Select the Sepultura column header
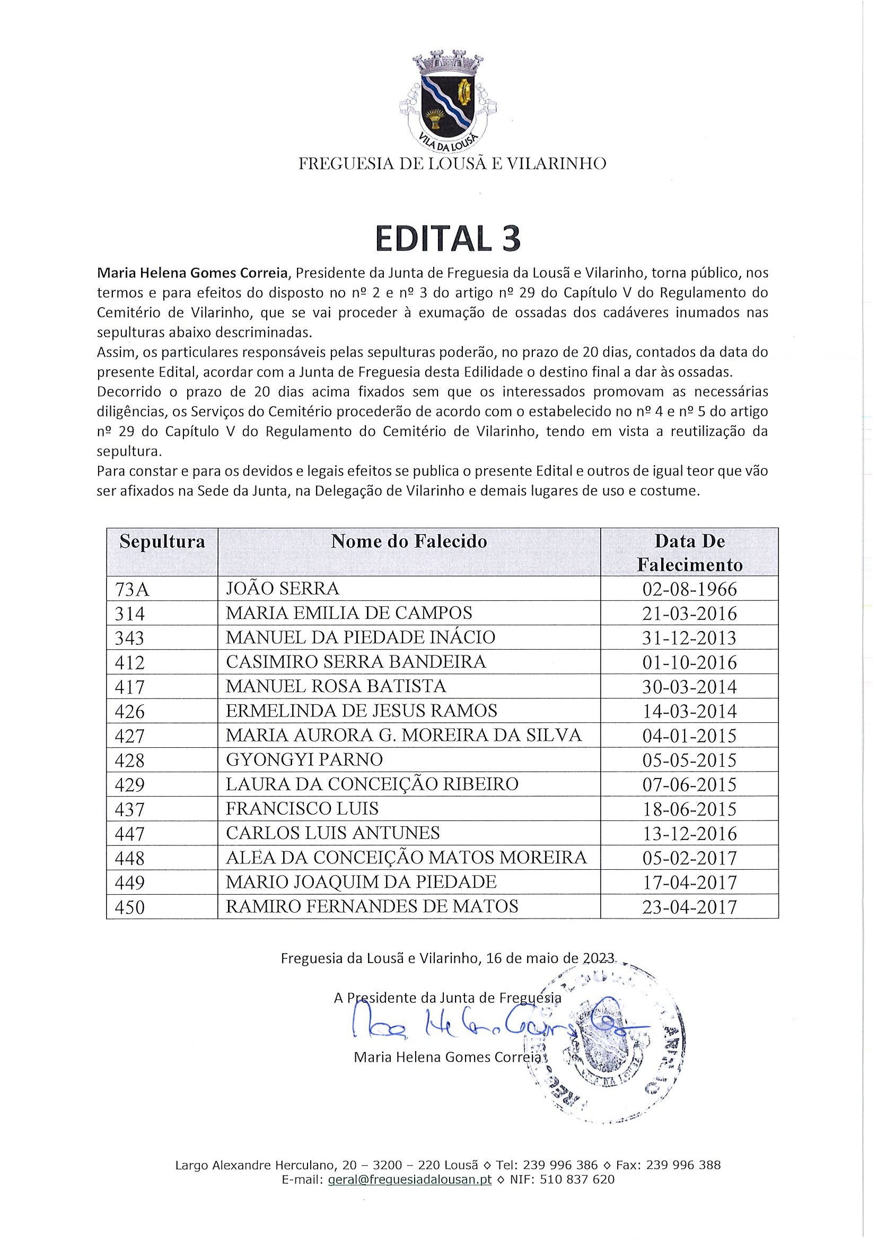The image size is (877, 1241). click(162, 541)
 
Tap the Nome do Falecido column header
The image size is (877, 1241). click(409, 541)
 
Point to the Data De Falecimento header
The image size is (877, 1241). click(689, 553)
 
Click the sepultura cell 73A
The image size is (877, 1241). click(132, 589)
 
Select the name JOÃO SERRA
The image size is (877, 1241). click(282, 588)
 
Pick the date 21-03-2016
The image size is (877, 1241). click(689, 614)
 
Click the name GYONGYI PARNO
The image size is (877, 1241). click(304, 759)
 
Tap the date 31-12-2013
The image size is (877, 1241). click(689, 638)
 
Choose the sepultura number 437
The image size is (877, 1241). click(130, 809)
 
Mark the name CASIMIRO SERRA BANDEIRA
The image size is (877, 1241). click(356, 661)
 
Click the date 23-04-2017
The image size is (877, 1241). click(689, 906)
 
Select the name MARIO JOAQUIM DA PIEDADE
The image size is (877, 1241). click(361, 881)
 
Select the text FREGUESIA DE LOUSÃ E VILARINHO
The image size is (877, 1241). click(452, 164)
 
